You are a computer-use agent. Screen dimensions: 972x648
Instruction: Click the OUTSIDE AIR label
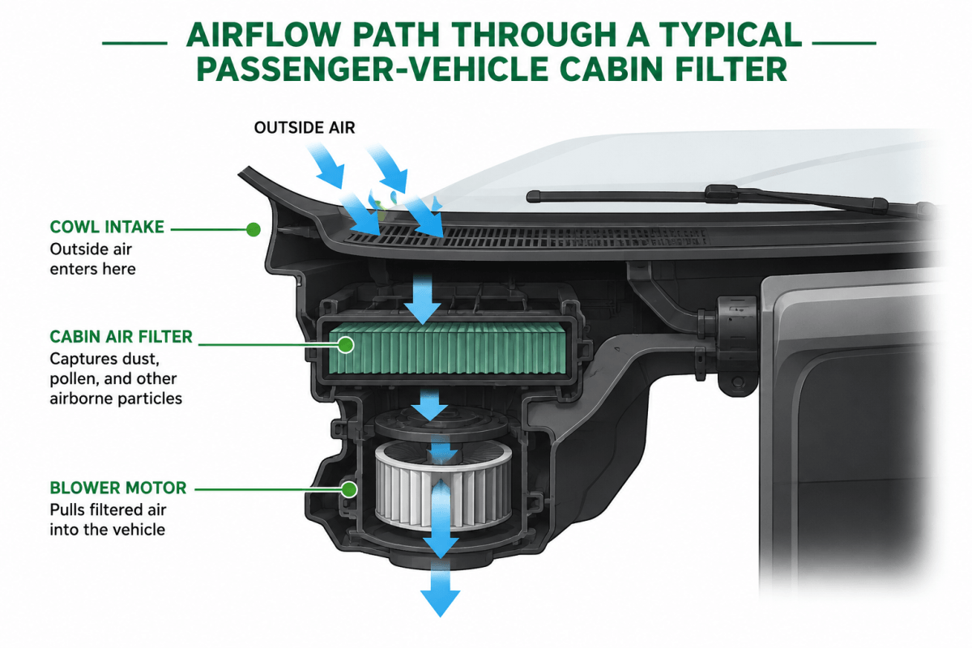(x=305, y=128)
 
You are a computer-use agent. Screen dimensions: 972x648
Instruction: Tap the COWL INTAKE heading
(x=107, y=227)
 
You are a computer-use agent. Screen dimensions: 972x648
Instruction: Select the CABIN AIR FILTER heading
(x=121, y=337)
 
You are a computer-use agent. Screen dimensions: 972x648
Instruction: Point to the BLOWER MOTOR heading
(x=118, y=488)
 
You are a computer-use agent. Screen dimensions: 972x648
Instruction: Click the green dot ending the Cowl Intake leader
(x=254, y=229)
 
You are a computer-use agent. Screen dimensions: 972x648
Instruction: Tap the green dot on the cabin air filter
(x=346, y=345)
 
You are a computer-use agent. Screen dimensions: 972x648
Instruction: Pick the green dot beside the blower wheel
(x=349, y=489)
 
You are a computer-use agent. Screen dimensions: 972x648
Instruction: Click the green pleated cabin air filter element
(x=447, y=351)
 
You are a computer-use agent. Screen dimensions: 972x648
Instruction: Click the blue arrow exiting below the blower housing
(x=441, y=592)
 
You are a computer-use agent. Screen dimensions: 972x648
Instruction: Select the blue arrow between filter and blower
(x=429, y=404)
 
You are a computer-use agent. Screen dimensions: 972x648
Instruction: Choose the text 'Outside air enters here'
(x=93, y=259)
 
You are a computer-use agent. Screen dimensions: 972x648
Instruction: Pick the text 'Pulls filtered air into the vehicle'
(x=108, y=519)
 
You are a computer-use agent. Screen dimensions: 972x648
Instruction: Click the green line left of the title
(x=134, y=44)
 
